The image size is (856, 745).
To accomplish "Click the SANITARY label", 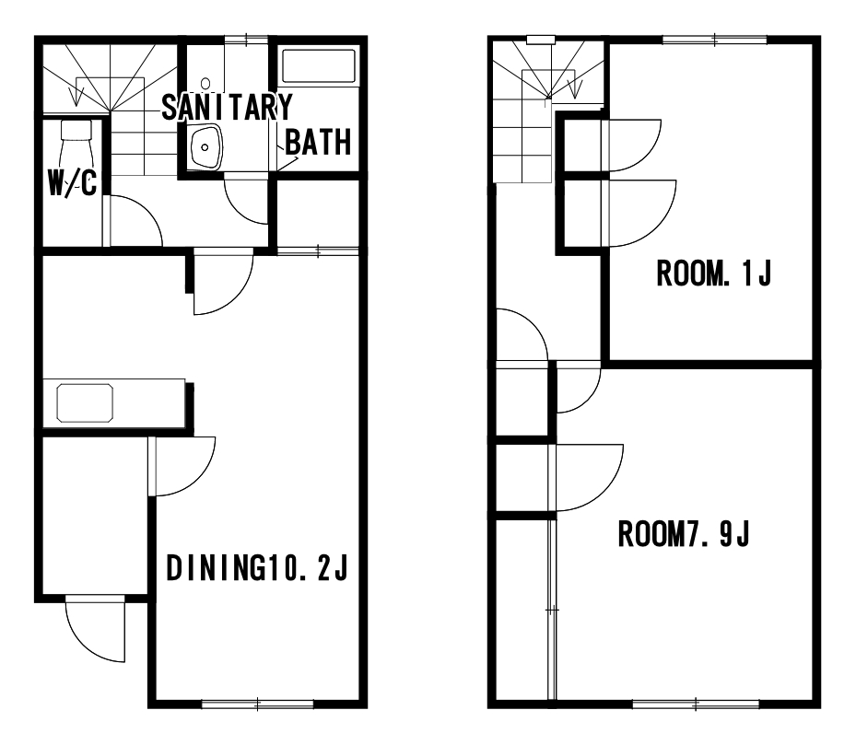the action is coord(227,107).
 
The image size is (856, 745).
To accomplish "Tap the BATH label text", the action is coord(318,143).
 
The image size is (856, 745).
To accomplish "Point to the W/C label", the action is coord(73,182).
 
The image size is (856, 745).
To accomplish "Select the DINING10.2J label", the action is coord(256,568).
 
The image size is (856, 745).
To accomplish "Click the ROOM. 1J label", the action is coord(714,274).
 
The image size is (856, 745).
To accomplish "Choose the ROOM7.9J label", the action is coord(684,534).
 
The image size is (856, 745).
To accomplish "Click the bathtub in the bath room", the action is coord(318,66).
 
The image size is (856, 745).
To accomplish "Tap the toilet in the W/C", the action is coord(76,144).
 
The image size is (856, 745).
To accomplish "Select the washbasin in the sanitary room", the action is coord(205,147).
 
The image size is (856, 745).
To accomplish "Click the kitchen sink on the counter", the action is coord(85,403).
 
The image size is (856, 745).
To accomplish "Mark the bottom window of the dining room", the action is coord(258,704).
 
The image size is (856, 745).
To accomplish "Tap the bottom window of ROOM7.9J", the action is coord(696,704).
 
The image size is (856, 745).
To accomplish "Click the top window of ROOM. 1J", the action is coord(715,40).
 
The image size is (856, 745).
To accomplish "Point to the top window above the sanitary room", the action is coord(246,40).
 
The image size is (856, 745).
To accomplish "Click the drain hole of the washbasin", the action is coord(205,147).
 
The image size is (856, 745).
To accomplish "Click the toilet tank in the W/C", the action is coord(76,130).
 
